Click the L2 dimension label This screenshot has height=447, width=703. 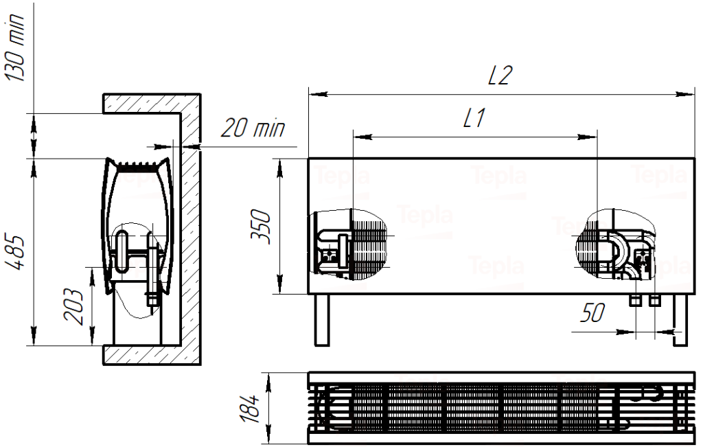500,76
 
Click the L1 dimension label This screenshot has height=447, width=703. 474,119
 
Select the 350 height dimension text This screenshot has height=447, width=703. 261,227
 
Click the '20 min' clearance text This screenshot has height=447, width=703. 253,128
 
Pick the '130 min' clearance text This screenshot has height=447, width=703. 16,48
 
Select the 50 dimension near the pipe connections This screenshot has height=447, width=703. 592,313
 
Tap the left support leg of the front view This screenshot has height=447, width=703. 323,320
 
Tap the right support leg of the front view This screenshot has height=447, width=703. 680,320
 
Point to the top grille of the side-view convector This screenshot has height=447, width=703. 137,165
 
